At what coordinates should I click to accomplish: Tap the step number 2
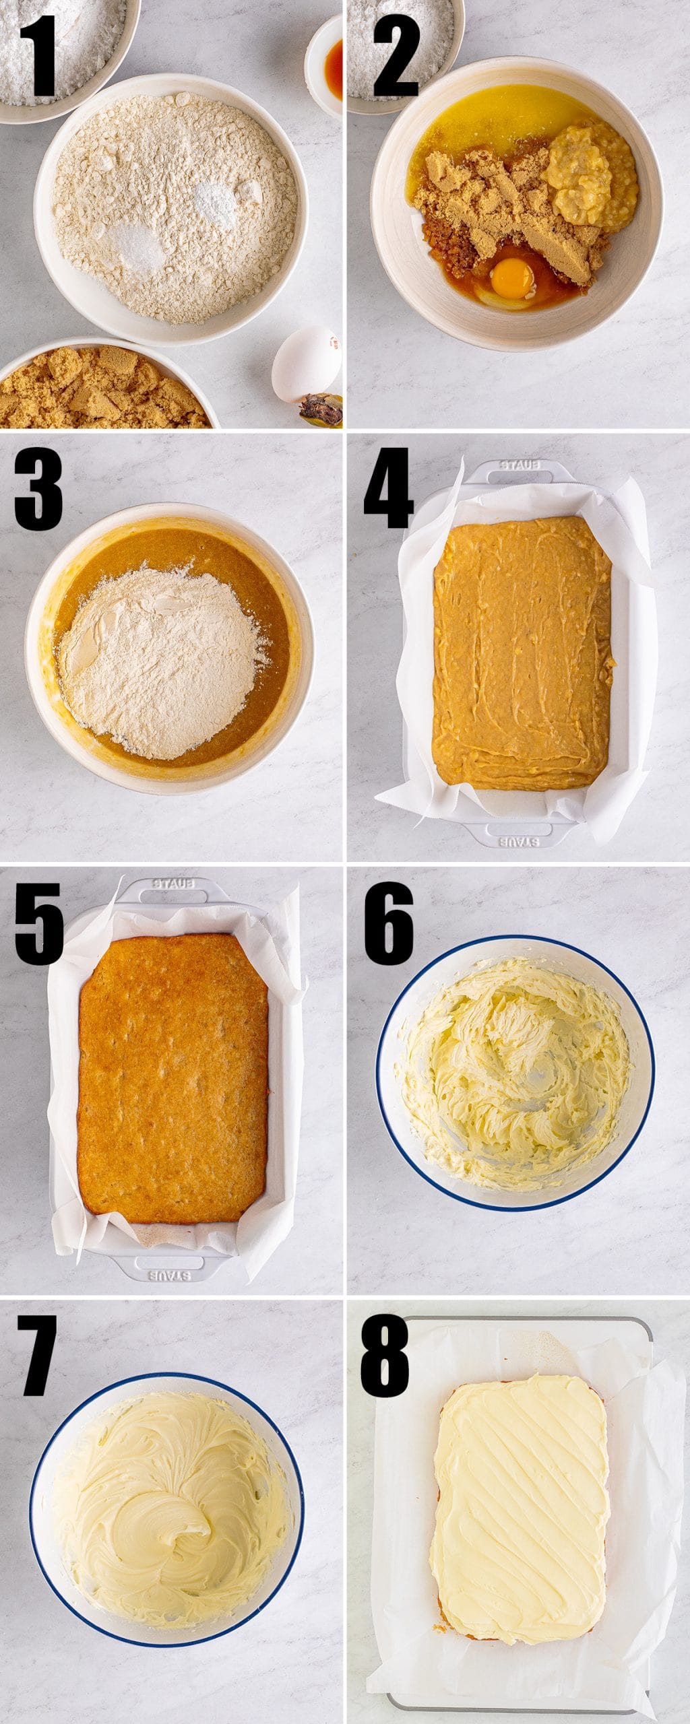coord(396,57)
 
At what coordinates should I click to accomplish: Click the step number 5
coord(38,923)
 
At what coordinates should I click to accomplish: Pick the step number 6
coord(389,923)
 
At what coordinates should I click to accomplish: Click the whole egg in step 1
coord(307,364)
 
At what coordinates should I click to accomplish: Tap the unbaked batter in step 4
coord(522,652)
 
